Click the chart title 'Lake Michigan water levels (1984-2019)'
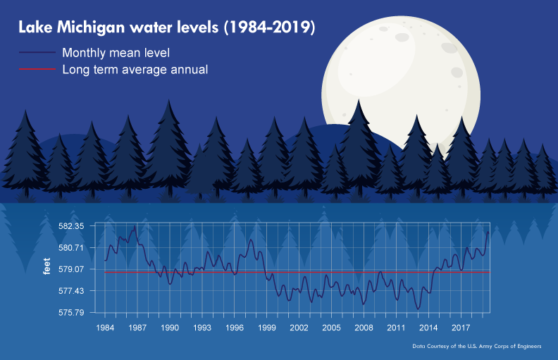166,28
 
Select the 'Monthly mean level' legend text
116,53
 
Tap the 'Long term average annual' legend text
135,70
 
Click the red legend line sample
37,70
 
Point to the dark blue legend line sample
37,53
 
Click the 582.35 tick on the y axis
71,226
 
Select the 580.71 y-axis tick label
71,247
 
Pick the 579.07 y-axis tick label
71,269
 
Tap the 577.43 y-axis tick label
71,291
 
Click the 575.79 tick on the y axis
71,312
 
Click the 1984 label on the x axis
105,328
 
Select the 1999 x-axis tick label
266,328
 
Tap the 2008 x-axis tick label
364,328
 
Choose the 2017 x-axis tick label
461,328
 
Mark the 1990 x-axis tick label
170,328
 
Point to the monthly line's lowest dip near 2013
418,309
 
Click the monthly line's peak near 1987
135,226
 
